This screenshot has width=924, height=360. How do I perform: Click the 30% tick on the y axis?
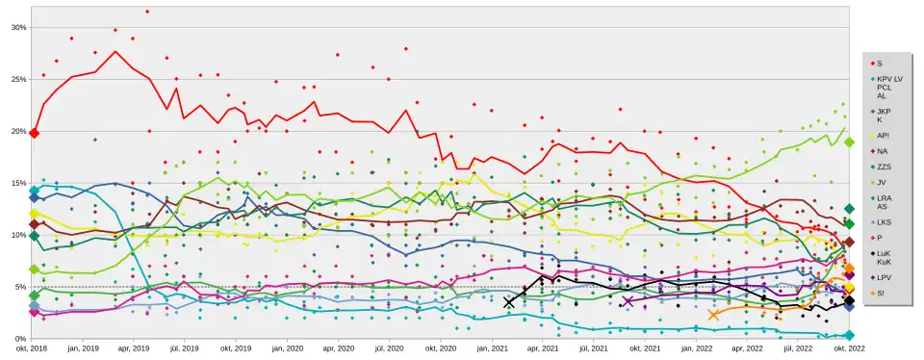(18, 27)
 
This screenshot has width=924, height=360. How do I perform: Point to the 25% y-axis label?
(18, 79)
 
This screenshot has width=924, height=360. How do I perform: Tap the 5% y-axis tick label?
(20, 287)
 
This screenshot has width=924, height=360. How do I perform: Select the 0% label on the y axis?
(20, 339)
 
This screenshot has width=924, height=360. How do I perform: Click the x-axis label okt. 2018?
(33, 348)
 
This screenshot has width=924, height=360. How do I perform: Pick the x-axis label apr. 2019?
(134, 348)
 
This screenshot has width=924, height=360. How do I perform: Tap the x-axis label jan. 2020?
(288, 348)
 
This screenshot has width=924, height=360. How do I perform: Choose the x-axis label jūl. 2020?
(389, 348)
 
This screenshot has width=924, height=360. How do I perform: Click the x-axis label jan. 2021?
(492, 348)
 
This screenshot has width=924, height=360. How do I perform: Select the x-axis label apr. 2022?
(747, 348)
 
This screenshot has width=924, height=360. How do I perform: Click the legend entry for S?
(880, 63)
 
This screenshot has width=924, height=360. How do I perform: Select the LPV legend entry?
(885, 277)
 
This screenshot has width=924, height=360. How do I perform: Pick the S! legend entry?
(882, 293)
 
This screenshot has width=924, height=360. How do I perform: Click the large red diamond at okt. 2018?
(34, 133)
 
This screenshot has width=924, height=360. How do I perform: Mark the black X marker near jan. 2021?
(509, 302)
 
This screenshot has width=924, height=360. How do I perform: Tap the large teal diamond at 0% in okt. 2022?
(849, 336)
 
